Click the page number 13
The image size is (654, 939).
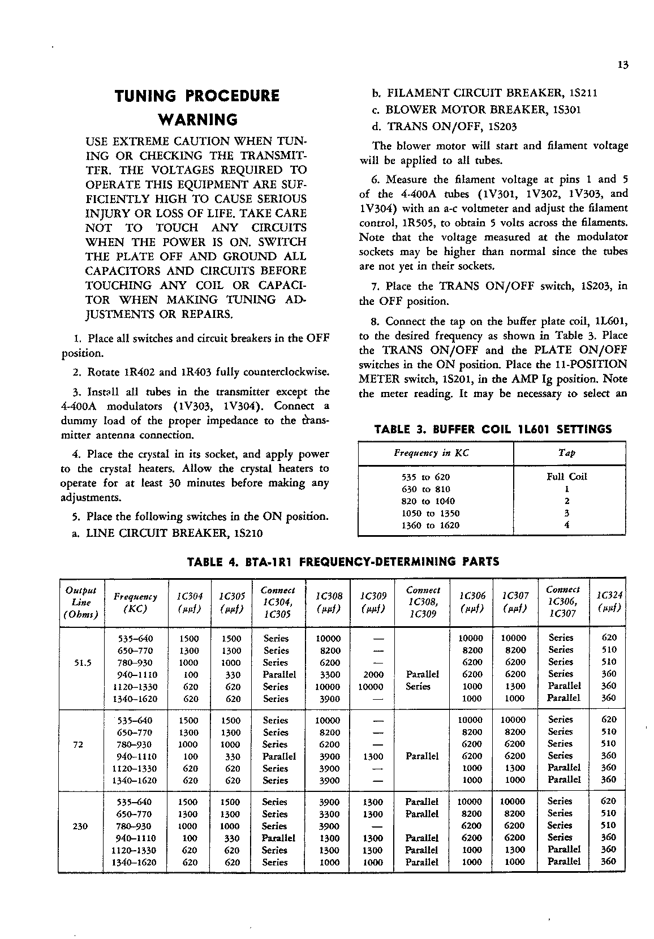tap(623, 65)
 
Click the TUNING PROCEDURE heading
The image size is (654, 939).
tap(197, 96)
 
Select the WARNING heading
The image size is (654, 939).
tap(197, 120)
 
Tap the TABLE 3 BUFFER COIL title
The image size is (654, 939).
tap(493, 429)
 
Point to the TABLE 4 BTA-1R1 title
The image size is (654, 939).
tap(343, 562)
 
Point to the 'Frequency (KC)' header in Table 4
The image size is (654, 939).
tap(135, 602)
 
